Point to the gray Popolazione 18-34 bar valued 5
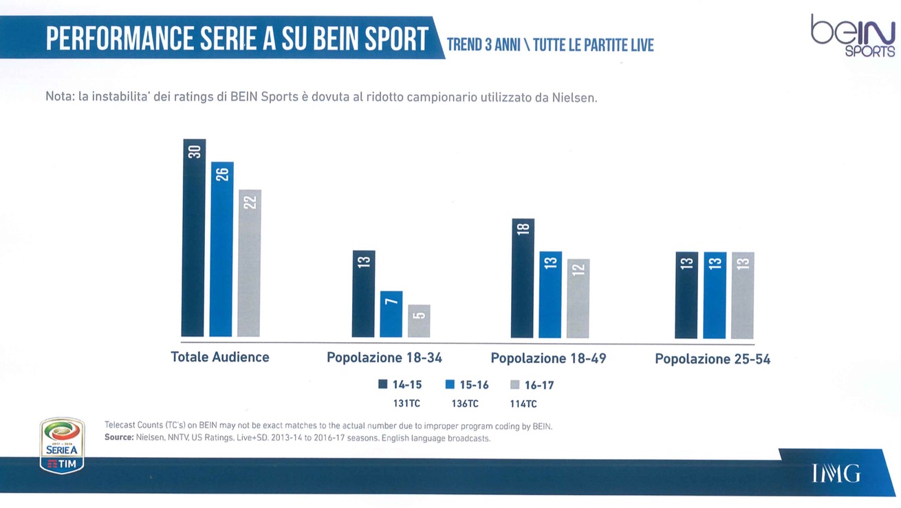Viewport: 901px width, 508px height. pos(419,321)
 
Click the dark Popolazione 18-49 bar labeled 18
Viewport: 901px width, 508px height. pos(523,278)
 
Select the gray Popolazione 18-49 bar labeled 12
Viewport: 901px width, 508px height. pos(578,298)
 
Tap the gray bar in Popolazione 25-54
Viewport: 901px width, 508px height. pos(743,295)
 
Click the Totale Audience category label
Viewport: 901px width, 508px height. pos(220,357)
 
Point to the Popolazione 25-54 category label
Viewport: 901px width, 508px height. pos(713,359)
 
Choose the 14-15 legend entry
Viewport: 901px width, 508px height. pos(400,385)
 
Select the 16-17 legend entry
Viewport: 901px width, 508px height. pos(532,385)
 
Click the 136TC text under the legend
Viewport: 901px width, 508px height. pos(465,404)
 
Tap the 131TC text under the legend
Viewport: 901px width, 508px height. pos(406,404)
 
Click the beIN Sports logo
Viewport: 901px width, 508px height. pos(852,36)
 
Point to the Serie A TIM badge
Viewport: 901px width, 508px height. pos(63,445)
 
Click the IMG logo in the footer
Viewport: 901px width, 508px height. pos(836,473)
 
